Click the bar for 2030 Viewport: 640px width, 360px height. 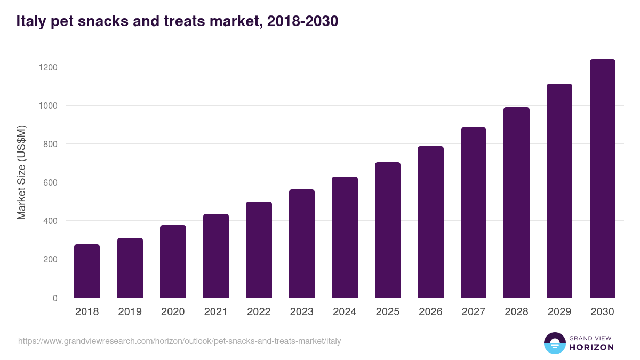pyautogui.click(x=602, y=179)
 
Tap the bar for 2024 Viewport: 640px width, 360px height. pyautogui.click(x=345, y=237)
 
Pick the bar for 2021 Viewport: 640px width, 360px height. pyautogui.click(x=216, y=256)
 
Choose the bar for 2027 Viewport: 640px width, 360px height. pyautogui.click(x=474, y=213)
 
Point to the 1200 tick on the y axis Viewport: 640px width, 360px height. pyautogui.click(x=48, y=67)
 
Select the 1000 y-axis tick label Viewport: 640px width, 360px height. pyautogui.click(x=48, y=106)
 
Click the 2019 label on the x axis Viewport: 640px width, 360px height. pyautogui.click(x=130, y=312)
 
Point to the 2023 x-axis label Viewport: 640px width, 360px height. pyautogui.click(x=301, y=312)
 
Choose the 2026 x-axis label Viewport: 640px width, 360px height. pyautogui.click(x=430, y=312)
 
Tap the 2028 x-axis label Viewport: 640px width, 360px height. pyautogui.click(x=516, y=312)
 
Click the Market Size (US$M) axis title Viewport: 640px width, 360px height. pyautogui.click(x=21, y=173)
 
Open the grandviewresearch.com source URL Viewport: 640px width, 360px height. pyautogui.click(x=179, y=341)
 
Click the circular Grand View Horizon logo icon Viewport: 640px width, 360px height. pyautogui.click(x=554, y=343)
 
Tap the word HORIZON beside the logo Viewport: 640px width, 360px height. pyautogui.click(x=591, y=347)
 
